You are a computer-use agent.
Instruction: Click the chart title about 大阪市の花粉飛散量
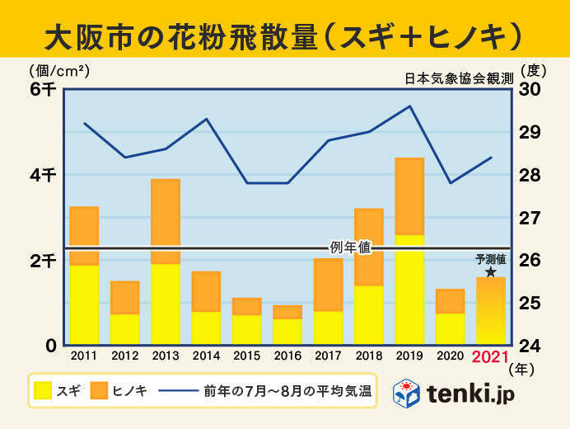284,35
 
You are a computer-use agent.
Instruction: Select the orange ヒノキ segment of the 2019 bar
409,196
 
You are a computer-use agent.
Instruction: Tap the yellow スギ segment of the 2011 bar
84,304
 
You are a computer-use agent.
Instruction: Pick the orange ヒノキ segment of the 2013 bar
165,216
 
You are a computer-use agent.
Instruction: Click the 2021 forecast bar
491,311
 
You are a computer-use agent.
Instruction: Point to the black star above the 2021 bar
491,271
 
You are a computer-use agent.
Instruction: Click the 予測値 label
490,259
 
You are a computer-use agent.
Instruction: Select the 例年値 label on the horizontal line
351,247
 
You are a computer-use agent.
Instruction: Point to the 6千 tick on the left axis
42,90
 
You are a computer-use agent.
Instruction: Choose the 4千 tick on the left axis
42,176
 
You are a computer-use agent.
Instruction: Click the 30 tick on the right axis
529,90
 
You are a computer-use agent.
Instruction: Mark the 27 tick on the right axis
529,218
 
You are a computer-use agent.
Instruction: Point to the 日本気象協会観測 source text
459,79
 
